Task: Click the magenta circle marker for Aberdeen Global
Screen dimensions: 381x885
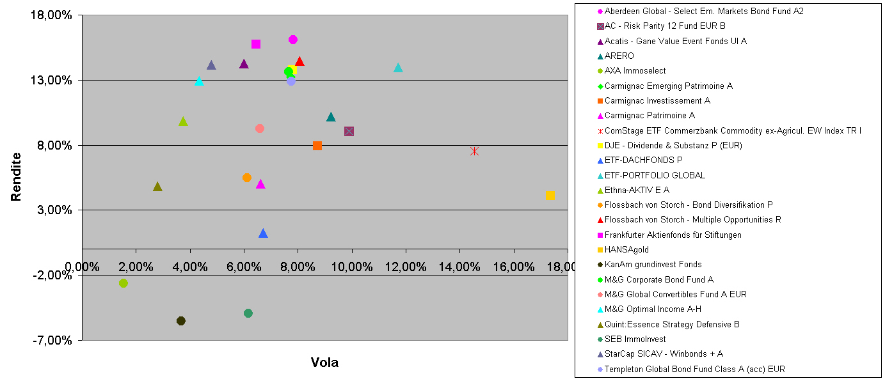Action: [x=293, y=40]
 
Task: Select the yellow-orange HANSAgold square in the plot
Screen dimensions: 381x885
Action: [x=550, y=196]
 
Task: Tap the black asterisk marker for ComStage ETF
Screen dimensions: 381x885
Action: [x=474, y=151]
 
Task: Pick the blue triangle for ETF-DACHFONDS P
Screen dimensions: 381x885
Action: [x=263, y=233]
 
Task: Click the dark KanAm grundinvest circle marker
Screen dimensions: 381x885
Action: [x=181, y=321]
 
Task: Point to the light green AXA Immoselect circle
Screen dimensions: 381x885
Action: [x=124, y=283]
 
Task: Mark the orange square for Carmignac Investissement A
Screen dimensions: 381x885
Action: [x=317, y=146]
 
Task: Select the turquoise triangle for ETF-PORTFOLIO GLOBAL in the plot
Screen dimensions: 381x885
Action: [x=398, y=68]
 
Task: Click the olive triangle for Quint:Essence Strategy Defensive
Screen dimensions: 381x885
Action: [x=157, y=187]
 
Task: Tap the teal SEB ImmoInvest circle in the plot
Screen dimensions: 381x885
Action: [x=248, y=313]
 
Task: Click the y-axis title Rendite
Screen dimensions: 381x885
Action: [x=16, y=177]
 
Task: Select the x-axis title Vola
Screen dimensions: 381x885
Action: [x=324, y=362]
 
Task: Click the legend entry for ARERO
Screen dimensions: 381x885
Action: [x=619, y=56]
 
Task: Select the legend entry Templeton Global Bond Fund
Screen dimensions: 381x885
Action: [x=694, y=369]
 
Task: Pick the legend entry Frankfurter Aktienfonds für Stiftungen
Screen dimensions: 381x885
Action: [x=673, y=235]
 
